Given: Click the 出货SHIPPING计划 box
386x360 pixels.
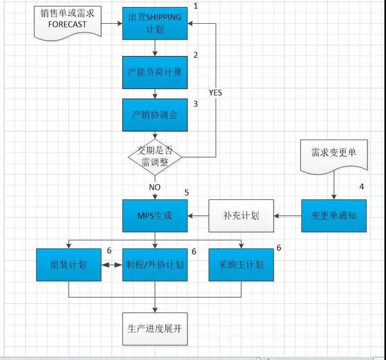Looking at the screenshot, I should [x=155, y=23].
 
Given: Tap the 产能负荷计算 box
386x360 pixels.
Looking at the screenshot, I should [x=155, y=72].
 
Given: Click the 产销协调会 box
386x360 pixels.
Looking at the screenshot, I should [x=155, y=116].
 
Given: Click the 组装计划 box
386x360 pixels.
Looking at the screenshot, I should [x=69, y=265].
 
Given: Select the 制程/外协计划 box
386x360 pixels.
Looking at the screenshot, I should [x=155, y=265].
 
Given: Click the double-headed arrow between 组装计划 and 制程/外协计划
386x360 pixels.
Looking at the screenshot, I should [x=112, y=265].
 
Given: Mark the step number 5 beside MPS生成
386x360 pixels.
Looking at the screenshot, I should [x=187, y=192].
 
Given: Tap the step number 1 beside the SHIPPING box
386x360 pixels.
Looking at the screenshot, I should [x=195, y=6].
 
